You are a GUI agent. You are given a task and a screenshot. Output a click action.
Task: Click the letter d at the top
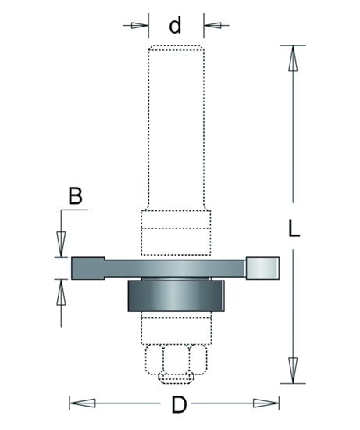175,26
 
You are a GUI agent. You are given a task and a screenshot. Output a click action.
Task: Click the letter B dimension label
74,196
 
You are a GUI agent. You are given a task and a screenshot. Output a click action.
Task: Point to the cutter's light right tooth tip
264,267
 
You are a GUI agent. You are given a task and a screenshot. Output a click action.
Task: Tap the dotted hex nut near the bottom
175,360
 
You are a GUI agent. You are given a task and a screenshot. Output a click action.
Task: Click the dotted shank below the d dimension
175,125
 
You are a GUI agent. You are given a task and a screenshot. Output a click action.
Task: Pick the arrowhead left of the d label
137,25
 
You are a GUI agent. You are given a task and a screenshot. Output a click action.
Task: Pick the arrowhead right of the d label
212,25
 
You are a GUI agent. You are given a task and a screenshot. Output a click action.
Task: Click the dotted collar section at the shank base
175,232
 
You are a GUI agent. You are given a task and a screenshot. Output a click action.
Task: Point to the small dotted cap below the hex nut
175,379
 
